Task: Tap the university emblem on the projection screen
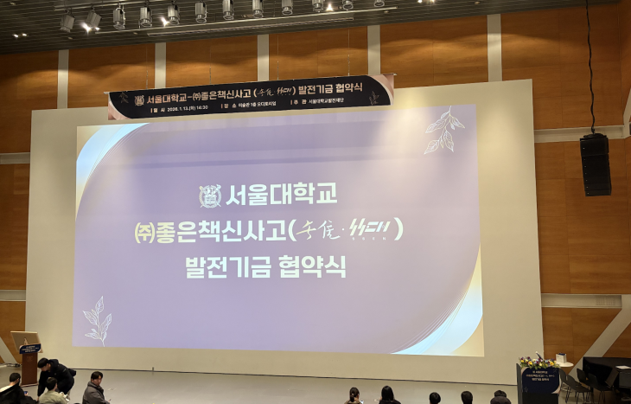(x=210, y=196)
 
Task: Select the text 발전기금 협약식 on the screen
(x=265, y=266)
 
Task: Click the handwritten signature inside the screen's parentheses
(x=345, y=230)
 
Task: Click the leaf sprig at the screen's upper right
(x=443, y=131)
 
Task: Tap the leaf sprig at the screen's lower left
(x=98, y=321)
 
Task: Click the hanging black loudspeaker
(x=595, y=164)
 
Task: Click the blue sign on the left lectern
(x=30, y=349)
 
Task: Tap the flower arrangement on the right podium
(x=537, y=361)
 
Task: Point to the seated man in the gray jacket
(x=94, y=390)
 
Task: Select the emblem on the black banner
(x=139, y=100)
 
